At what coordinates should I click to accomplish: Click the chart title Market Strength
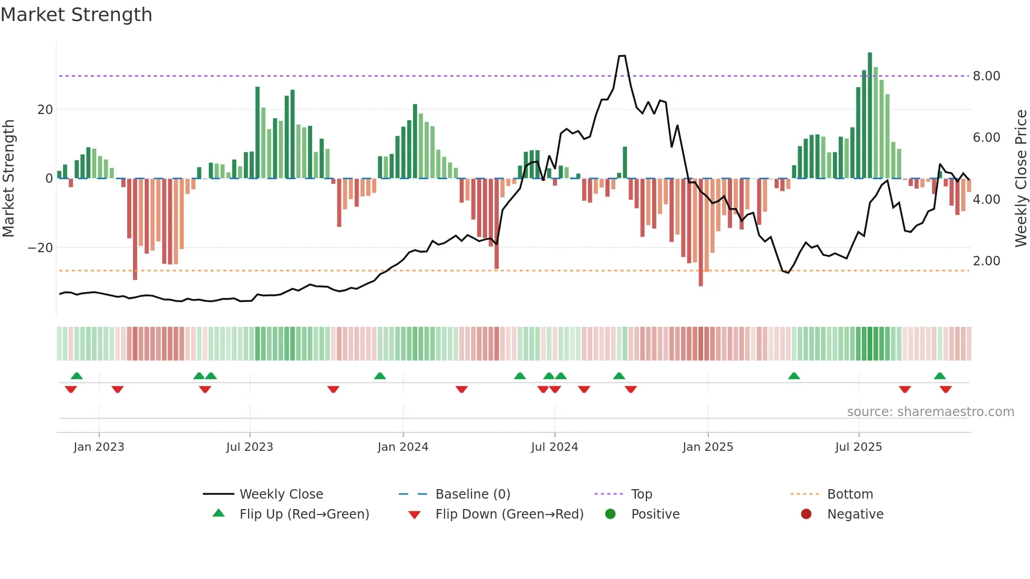[x=76, y=15]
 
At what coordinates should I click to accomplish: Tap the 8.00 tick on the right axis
[x=986, y=76]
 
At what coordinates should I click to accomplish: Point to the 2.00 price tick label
[x=986, y=261]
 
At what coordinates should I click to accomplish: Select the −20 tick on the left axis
[x=40, y=248]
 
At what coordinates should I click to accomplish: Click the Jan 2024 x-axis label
[x=403, y=447]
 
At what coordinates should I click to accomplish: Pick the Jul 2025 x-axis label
[x=858, y=447]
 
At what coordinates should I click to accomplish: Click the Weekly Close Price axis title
[x=1021, y=179]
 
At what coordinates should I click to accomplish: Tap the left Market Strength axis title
[x=8, y=179]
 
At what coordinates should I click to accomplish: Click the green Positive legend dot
[x=610, y=514]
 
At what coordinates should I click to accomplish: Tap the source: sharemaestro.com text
[x=930, y=412]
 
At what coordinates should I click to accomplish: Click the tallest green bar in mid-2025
[x=870, y=116]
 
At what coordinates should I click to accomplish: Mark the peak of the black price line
[x=622, y=56]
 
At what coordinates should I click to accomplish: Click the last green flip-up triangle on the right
[x=940, y=376]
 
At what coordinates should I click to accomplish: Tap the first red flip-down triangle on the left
[x=71, y=389]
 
